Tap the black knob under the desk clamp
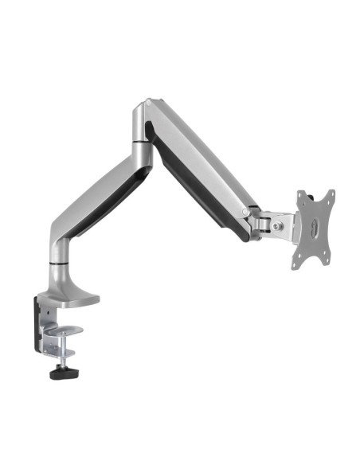pyautogui.click(x=61, y=371)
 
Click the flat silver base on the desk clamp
pyautogui.click(x=76, y=300)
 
